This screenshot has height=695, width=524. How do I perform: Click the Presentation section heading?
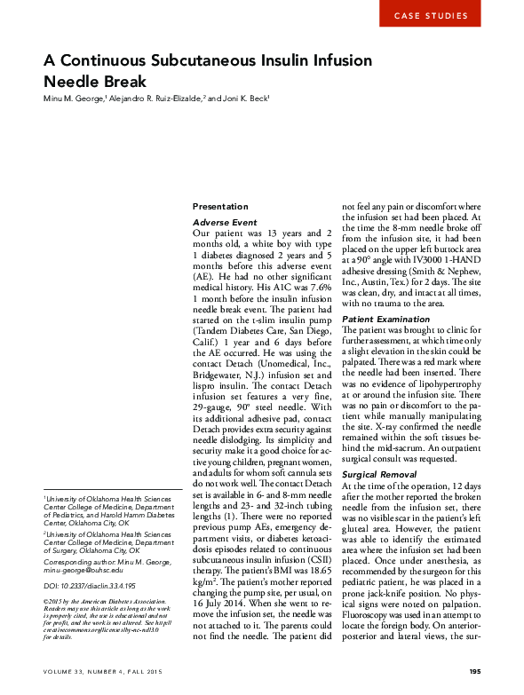click(x=221, y=205)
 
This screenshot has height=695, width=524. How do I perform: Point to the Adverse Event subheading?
click(x=225, y=221)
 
